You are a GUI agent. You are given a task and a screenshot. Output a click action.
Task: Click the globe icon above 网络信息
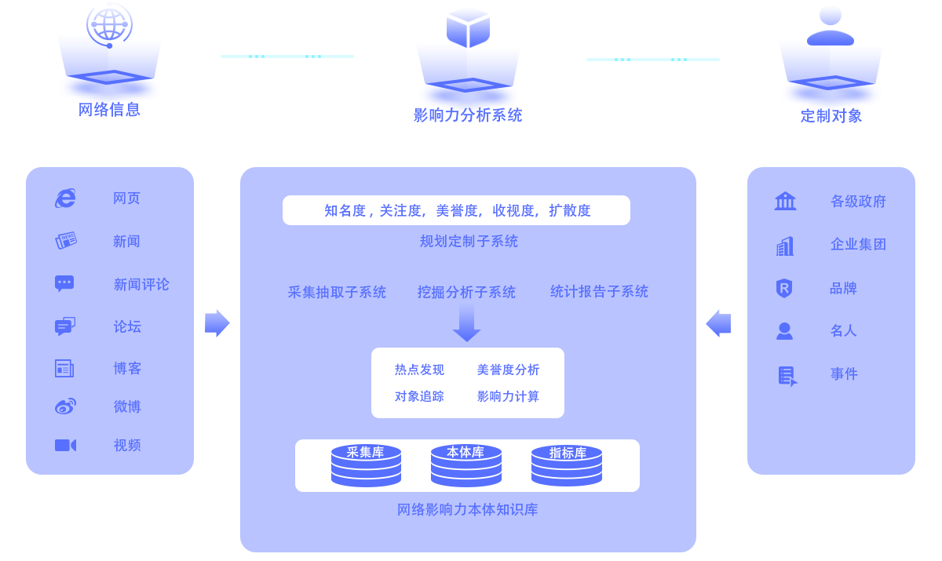pyautogui.click(x=109, y=25)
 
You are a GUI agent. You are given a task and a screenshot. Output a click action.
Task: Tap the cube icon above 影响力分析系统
pyautogui.click(x=468, y=27)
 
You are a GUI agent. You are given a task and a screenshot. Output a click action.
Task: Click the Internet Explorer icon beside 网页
pyautogui.click(x=66, y=199)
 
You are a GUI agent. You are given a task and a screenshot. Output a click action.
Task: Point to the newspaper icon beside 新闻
pyautogui.click(x=66, y=241)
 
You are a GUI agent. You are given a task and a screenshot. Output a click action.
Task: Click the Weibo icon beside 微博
pyautogui.click(x=66, y=406)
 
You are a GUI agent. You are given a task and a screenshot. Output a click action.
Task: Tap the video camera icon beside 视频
pyautogui.click(x=66, y=446)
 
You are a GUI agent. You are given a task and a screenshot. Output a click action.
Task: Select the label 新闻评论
pyautogui.click(x=141, y=285)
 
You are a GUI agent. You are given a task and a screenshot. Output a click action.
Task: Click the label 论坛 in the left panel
pyautogui.click(x=127, y=326)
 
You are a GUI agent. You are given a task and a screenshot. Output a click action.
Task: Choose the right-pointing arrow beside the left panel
pyautogui.click(x=217, y=323)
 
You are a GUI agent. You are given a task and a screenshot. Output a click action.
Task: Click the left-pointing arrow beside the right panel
pyautogui.click(x=718, y=323)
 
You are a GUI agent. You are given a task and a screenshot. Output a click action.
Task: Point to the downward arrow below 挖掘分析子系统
pyautogui.click(x=466, y=322)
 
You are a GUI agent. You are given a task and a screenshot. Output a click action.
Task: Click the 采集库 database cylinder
pyautogui.click(x=366, y=465)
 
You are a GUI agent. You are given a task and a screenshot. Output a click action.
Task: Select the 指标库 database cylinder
pyautogui.click(x=567, y=465)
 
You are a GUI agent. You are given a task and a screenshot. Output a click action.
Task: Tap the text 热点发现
pyautogui.click(x=419, y=370)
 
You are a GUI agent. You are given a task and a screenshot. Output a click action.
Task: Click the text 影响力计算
pyautogui.click(x=508, y=396)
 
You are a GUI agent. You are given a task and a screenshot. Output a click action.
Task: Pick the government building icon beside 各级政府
pyautogui.click(x=785, y=201)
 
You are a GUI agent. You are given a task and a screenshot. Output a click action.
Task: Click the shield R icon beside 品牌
pyautogui.click(x=784, y=288)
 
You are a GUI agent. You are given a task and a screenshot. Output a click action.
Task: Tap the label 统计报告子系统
pyautogui.click(x=599, y=292)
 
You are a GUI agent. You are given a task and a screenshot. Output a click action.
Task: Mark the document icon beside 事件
pyautogui.click(x=787, y=377)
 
